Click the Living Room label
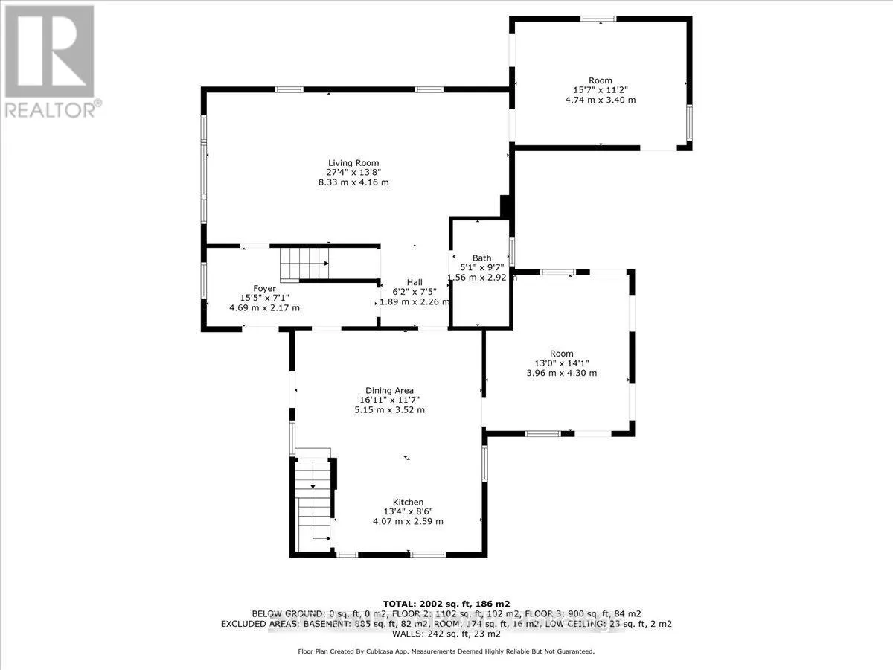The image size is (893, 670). click(x=354, y=163)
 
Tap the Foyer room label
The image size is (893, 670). click(x=264, y=288)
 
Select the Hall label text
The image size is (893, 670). click(x=415, y=282)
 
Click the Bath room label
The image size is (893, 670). click(x=481, y=258)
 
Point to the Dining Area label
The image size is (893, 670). click(x=388, y=390)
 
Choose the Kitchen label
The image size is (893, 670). click(x=408, y=502)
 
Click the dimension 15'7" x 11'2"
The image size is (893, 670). click(x=600, y=90)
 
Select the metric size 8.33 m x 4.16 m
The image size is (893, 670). click(x=354, y=182)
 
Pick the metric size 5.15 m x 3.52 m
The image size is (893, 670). click(x=388, y=409)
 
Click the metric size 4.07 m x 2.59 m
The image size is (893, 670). click(x=408, y=521)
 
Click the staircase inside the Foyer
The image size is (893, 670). click(x=304, y=264)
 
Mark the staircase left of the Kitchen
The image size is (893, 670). click(x=313, y=502)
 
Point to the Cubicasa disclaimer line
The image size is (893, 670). click(x=446, y=651)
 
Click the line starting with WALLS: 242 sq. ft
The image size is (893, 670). click(x=446, y=634)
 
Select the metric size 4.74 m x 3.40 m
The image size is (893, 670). click(x=600, y=100)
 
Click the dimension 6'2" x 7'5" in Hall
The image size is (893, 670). click(x=415, y=292)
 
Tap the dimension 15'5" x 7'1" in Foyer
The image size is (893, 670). click(x=264, y=298)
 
